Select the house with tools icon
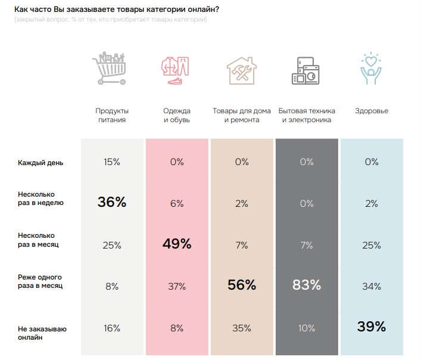tap(242, 69)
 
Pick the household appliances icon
tap(307, 70)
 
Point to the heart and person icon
tap(371, 69)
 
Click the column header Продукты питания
tap(112, 115)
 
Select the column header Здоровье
tap(371, 111)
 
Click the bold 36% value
tap(112, 203)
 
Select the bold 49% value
tap(177, 244)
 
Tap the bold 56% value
tap(242, 285)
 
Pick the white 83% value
tap(307, 285)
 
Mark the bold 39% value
tap(371, 326)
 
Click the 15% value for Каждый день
tap(112, 162)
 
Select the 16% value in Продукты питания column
tap(112, 328)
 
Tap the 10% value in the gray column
tap(307, 328)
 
